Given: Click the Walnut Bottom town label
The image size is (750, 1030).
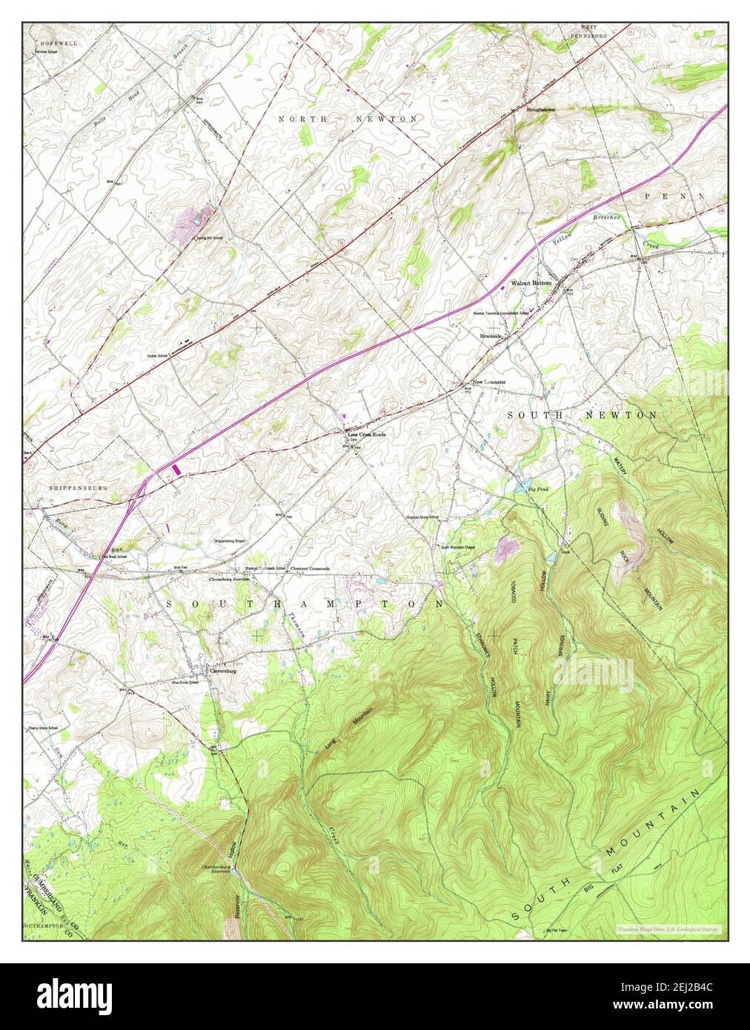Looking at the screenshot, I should coord(531,284).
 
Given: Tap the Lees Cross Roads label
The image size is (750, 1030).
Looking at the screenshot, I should coord(367,435).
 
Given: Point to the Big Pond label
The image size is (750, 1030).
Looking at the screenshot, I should coord(537,489).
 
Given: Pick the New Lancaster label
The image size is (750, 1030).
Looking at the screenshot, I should coord(489,382).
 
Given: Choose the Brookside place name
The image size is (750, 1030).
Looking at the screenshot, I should coord(491,336).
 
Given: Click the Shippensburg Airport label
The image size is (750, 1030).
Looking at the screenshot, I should coord(229,541).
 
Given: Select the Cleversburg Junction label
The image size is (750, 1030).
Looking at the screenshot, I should coord(229,579).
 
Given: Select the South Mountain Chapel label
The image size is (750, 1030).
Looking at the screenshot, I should coord(458,548).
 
